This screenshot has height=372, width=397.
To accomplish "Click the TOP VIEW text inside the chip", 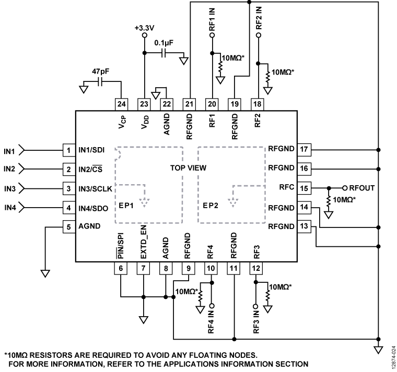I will [188, 169].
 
